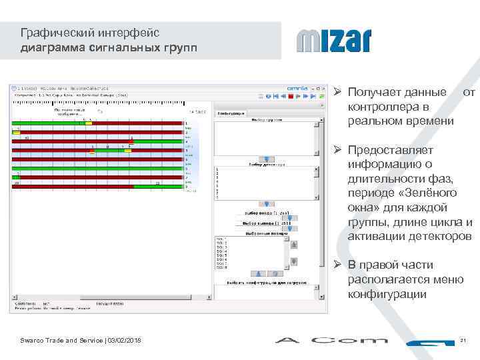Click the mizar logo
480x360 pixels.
pyautogui.click(x=333, y=41)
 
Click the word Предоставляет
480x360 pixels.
pyautogui.click(x=391, y=150)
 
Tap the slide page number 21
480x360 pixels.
pyautogui.click(x=463, y=341)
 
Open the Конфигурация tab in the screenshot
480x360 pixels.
pyautogui.click(x=230, y=113)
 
